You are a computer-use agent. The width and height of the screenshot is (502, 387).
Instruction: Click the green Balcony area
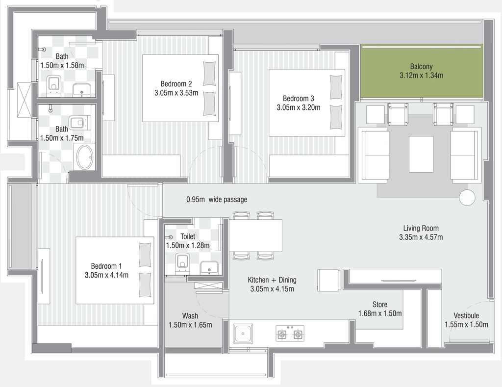(x=422, y=71)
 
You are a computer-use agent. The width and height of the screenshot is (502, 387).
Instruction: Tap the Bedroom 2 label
(x=176, y=84)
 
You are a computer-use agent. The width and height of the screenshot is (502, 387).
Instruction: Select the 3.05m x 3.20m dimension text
(x=299, y=107)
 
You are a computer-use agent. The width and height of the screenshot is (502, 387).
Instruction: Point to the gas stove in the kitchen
(x=290, y=334)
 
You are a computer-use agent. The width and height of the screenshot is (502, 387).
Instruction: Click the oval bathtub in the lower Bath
(x=85, y=157)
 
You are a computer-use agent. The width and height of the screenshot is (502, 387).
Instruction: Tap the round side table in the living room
(x=467, y=197)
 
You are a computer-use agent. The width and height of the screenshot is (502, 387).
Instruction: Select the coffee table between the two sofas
(x=421, y=154)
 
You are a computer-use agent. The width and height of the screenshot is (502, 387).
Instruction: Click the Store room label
(x=380, y=304)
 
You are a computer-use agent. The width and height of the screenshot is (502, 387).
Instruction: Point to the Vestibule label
(x=466, y=315)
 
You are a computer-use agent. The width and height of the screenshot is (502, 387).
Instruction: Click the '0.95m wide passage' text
(x=217, y=200)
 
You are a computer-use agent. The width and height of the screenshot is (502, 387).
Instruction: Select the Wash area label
(x=190, y=316)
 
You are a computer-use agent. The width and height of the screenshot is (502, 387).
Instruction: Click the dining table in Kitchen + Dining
(x=255, y=235)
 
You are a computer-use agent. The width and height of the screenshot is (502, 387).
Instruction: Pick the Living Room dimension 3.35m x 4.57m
(x=421, y=237)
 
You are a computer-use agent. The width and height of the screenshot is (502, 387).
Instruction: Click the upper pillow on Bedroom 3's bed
(x=336, y=87)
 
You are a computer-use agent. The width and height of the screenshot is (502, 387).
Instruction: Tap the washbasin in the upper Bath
(x=82, y=90)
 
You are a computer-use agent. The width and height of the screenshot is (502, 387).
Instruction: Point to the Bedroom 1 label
(x=106, y=266)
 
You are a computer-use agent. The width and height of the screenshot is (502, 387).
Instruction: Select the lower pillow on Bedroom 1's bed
(x=145, y=285)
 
